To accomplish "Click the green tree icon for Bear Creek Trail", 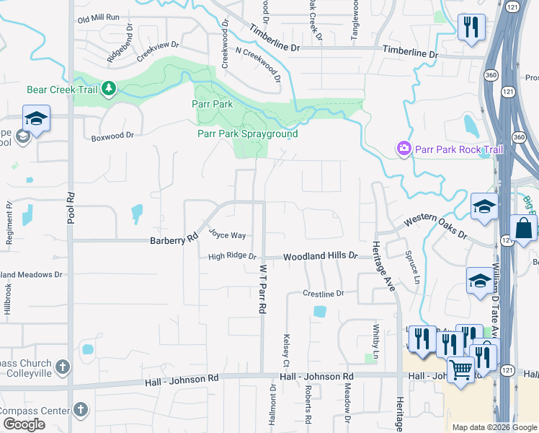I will coord(109,89).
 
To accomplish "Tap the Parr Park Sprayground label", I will coord(247,134).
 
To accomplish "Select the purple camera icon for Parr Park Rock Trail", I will coord(404,149).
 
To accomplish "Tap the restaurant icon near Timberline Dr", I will coord(471,27).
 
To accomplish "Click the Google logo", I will coord(24,424).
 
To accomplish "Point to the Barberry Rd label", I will coord(174,240).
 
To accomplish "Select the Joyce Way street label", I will coord(228,235).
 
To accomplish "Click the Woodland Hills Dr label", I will coord(320,256).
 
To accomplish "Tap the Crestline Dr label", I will coord(324,294).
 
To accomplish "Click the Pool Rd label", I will coord(71,207).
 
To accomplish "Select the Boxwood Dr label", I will coord(112,135).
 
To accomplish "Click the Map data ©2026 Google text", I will coord(495,427).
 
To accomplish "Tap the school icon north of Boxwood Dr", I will coord(35,118).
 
